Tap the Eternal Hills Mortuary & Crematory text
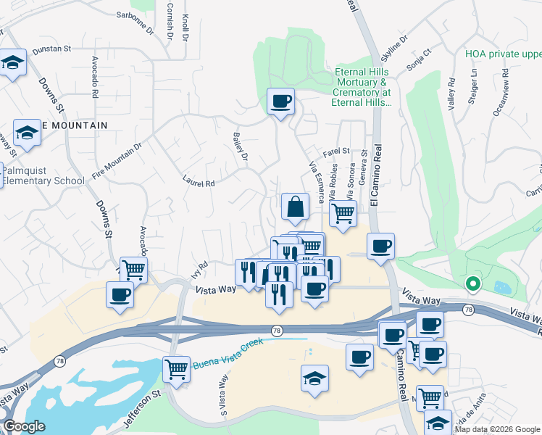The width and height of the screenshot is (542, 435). (362, 88)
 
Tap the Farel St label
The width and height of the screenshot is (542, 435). (337, 152)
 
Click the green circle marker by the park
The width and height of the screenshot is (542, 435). (473, 284)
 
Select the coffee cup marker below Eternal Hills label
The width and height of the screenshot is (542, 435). (280, 101)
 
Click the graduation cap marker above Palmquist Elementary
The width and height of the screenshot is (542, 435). (27, 133)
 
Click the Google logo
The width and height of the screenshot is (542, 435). (24, 426)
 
